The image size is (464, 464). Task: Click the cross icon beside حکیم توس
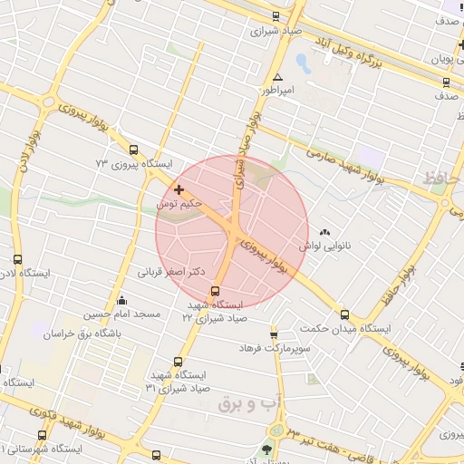coord(179,190)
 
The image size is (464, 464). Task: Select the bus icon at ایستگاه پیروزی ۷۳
coord(134,150)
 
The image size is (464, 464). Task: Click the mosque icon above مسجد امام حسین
coord(122,300)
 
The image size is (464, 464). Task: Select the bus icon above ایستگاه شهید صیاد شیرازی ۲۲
coord(215,291)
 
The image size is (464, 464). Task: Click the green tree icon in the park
coord(267,449)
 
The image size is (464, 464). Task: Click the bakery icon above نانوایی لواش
coord(324,232)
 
